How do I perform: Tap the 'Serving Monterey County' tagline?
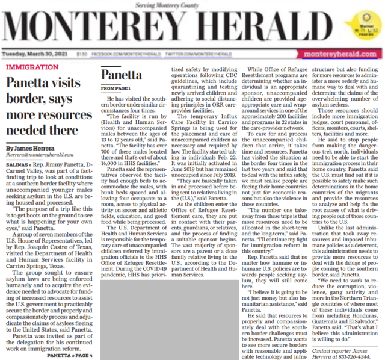pyautogui.click(x=192, y=5)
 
